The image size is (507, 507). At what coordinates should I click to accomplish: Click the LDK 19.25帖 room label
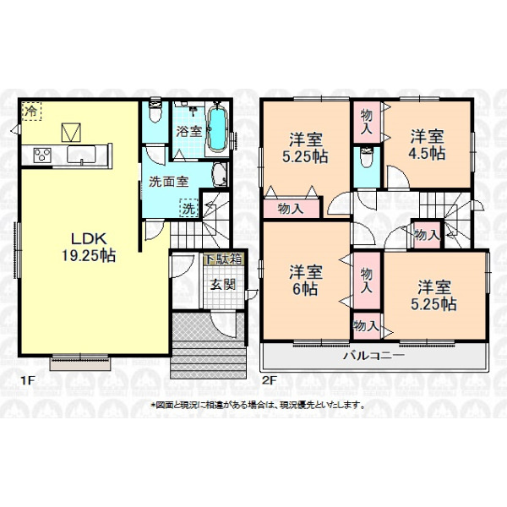tap(89, 248)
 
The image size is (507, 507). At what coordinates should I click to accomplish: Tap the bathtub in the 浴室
tap(217, 128)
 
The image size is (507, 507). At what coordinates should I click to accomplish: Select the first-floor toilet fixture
tap(155, 112)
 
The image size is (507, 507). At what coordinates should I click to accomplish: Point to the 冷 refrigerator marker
tap(31, 111)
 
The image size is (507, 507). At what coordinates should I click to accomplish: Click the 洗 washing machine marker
tap(188, 208)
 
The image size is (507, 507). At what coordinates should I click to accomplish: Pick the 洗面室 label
tap(168, 182)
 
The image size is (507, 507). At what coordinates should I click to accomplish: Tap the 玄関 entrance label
tap(222, 285)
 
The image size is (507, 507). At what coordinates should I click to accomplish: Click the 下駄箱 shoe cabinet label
tap(223, 259)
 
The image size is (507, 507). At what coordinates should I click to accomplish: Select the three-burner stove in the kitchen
tap(42, 155)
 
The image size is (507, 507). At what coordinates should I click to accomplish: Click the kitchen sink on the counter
tap(81, 155)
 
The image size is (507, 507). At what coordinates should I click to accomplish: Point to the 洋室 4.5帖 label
tap(427, 144)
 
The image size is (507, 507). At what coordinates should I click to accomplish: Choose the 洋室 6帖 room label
tap(305, 281)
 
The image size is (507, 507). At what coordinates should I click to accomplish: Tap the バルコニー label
tap(373, 356)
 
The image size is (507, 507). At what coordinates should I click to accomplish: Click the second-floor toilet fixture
tap(367, 157)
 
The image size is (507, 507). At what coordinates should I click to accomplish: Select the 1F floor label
tap(28, 380)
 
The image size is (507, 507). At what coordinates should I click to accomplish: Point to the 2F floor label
tap(270, 380)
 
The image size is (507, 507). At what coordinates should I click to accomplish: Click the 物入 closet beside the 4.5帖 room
tap(367, 122)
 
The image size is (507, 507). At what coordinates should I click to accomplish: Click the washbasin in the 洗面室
tap(220, 175)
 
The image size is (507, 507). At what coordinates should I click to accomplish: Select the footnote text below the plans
tap(258, 405)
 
